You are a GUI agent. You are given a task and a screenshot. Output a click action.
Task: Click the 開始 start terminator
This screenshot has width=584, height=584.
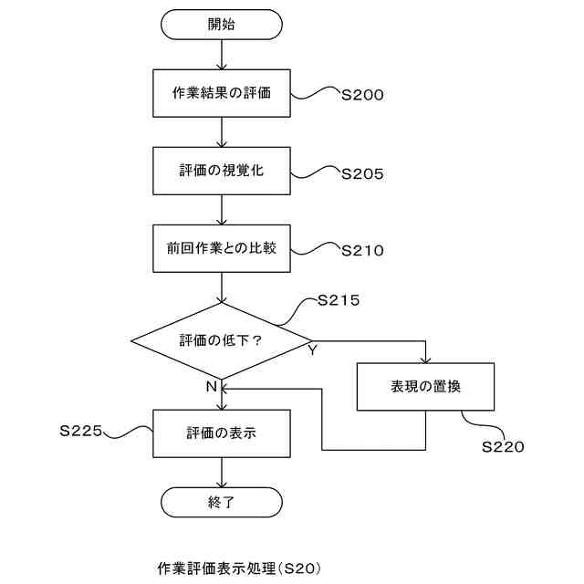tap(222, 25)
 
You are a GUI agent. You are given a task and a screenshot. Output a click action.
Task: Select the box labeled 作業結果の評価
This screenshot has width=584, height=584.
tap(222, 94)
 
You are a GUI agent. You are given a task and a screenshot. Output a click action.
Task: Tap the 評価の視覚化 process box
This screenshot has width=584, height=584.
tap(222, 172)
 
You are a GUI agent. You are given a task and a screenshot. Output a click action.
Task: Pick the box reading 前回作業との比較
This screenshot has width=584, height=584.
tap(222, 249)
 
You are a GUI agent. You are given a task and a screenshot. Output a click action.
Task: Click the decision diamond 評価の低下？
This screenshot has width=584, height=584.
tap(222, 340)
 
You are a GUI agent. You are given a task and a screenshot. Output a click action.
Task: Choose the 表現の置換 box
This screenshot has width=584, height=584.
tap(425, 387)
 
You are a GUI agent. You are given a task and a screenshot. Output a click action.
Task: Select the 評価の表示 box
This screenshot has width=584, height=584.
tap(222, 433)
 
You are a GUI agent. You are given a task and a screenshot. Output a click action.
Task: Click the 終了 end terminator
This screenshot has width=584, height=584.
tap(222, 502)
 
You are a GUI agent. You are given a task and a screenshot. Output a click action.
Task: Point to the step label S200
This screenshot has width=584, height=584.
tap(361, 94)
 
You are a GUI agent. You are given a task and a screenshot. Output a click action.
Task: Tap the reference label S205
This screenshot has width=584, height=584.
tap(361, 172)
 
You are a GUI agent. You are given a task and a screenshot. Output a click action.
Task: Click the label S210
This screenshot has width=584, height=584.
tap(361, 250)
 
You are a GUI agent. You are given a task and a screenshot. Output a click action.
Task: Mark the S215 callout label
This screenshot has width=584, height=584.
tap(339, 300)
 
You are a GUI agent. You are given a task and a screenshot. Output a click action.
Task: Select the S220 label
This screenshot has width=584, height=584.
tap(503, 447)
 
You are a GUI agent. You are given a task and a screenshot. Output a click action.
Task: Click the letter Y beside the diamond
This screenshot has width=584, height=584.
tap(311, 351)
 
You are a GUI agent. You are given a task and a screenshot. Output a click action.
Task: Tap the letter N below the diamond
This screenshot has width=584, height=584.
tap(211, 386)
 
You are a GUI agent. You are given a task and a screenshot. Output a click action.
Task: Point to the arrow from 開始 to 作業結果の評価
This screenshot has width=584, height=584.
tap(222, 56)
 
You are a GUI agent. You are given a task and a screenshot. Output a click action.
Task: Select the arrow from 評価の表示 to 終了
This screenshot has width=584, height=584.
tap(222, 471)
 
